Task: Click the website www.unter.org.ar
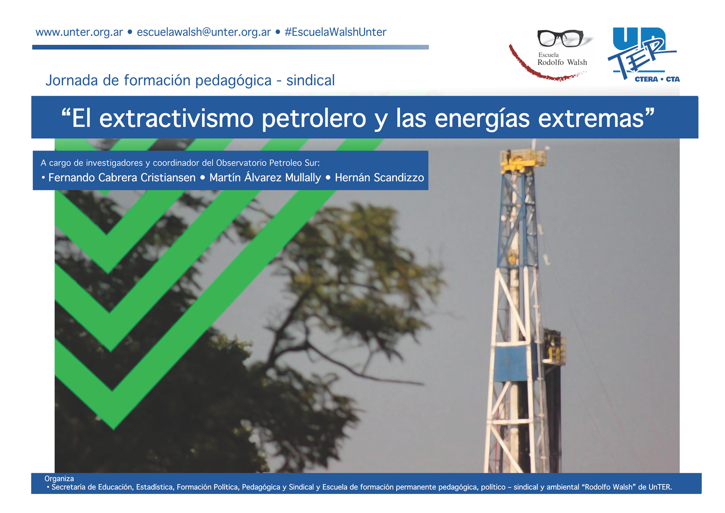point(79,32)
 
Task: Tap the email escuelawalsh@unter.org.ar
point(203,32)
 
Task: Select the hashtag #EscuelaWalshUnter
point(335,32)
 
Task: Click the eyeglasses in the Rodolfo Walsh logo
point(561,38)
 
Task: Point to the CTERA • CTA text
point(657,79)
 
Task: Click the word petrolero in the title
point(314,119)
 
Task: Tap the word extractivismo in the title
point(176,118)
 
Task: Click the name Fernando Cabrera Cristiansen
point(122,177)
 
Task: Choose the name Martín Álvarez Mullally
point(265,177)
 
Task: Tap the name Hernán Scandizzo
point(379,177)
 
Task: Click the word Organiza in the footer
point(59,479)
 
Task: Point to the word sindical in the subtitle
point(310,80)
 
